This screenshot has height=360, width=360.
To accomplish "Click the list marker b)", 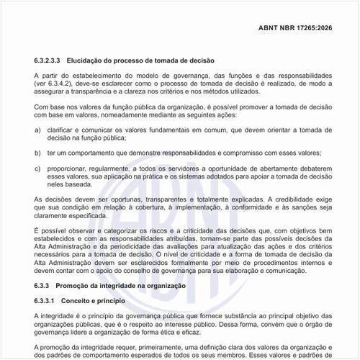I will click(x=37, y=153).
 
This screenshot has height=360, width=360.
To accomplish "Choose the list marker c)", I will click(x=37, y=168).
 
